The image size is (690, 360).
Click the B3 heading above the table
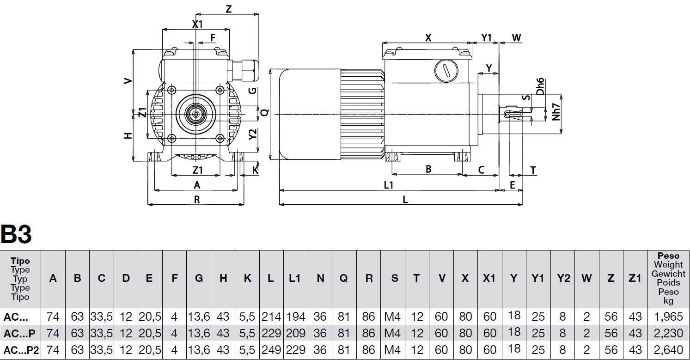[x=16, y=234]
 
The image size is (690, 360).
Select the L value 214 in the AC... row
[x=271, y=317]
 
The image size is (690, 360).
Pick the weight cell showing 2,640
[x=668, y=350]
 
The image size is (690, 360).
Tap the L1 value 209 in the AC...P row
[x=295, y=333]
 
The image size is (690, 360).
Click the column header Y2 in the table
[x=563, y=278]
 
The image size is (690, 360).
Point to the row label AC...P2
[x=21, y=350]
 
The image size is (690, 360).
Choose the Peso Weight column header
[x=668, y=278]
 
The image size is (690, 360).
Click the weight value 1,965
[x=668, y=317]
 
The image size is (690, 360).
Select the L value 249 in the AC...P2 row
[x=271, y=350]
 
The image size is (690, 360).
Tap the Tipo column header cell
[x=20, y=279]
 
